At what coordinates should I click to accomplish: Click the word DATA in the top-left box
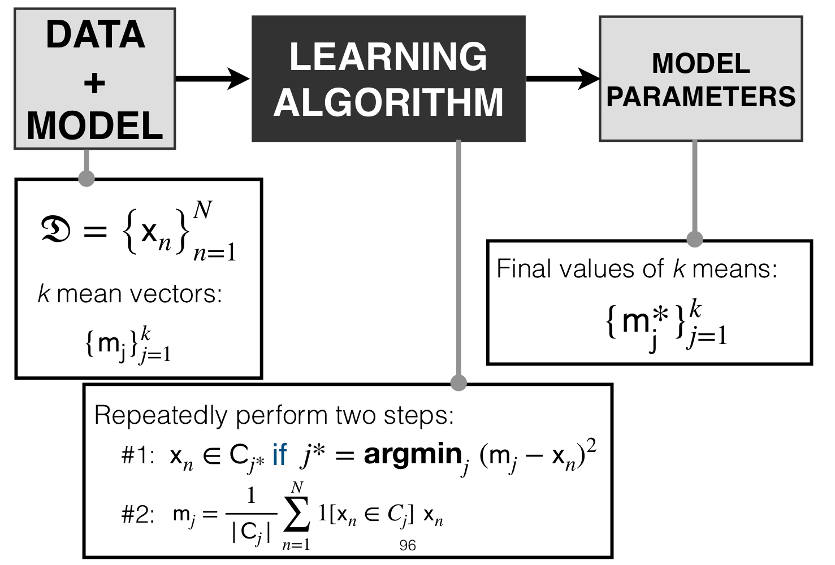(x=96, y=34)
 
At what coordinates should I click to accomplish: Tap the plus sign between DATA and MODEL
(x=94, y=83)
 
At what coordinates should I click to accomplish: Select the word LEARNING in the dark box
(x=388, y=56)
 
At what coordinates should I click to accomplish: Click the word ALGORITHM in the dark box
(x=388, y=102)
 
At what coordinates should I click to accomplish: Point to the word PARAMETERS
(x=701, y=97)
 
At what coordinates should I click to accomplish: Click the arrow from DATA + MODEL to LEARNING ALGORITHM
(x=212, y=79)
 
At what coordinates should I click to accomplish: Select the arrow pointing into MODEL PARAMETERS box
(x=563, y=79)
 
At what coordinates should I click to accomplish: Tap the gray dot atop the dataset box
(x=86, y=179)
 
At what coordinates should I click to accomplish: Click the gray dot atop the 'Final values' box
(x=694, y=239)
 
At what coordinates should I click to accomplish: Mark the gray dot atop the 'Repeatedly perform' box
(x=458, y=383)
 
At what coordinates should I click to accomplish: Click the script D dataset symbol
(x=55, y=231)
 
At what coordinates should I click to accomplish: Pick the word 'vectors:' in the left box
(x=175, y=293)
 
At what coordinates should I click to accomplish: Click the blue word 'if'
(x=280, y=454)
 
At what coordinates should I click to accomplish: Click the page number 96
(x=408, y=546)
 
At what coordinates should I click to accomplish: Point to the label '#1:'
(x=138, y=455)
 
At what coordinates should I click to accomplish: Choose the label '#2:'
(x=138, y=515)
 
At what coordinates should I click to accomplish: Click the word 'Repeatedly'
(x=161, y=416)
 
